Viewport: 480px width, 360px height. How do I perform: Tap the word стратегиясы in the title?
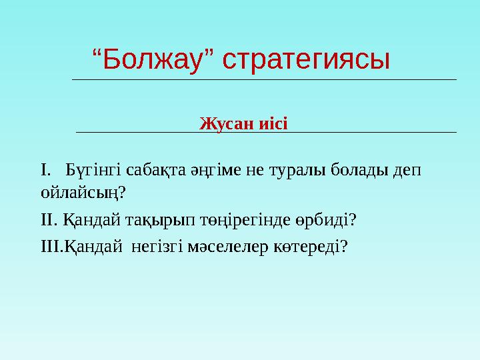306,60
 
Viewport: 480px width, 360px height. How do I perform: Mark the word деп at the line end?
407,171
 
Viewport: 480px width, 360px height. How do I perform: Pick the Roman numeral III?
51,247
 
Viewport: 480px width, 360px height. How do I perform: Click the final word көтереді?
311,247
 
